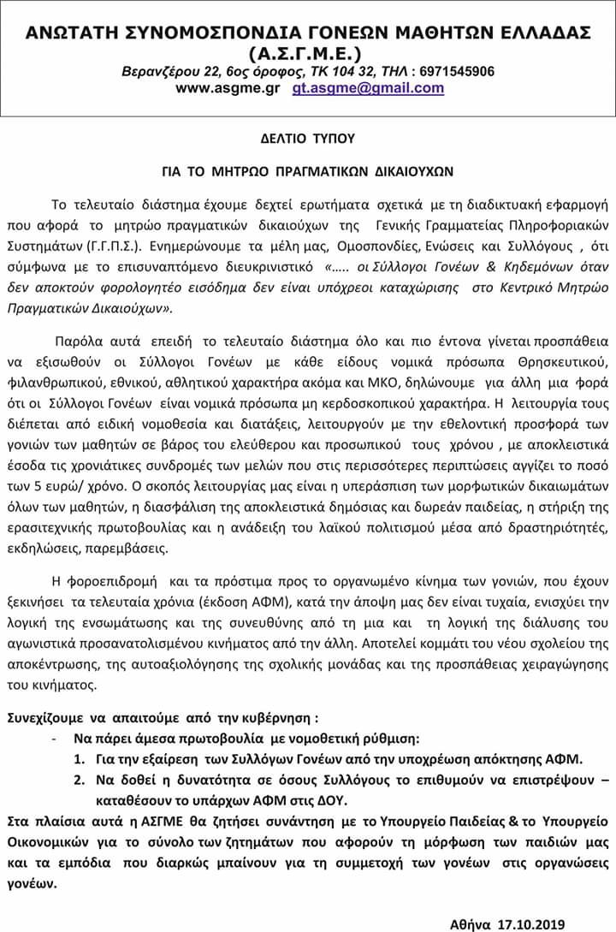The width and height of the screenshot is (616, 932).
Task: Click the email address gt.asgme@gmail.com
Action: point(368,87)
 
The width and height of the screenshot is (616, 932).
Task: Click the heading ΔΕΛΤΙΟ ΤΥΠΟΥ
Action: point(307,136)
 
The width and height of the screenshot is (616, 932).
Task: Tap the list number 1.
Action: point(78,758)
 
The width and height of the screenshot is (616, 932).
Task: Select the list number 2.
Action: point(78,780)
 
